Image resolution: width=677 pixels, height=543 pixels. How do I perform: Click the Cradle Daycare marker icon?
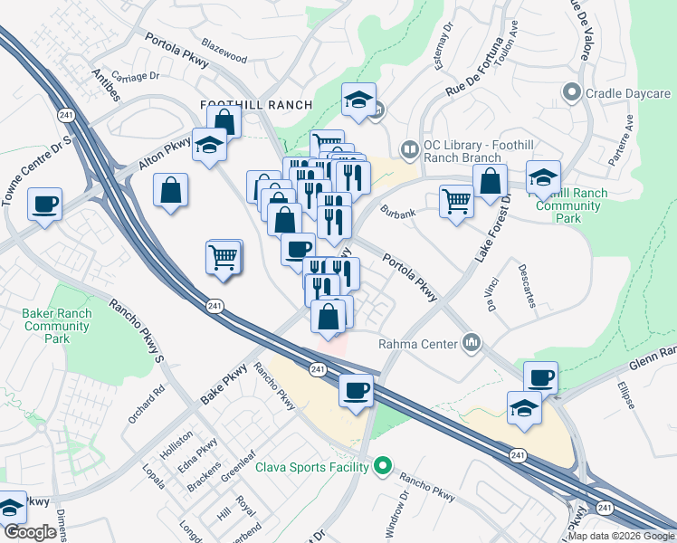(x=571, y=93)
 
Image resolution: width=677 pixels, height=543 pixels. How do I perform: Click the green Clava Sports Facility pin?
(x=383, y=467)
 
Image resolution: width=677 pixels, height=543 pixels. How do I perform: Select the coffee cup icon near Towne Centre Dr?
(x=44, y=205)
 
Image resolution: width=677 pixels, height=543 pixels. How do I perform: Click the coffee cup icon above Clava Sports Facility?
(x=356, y=390)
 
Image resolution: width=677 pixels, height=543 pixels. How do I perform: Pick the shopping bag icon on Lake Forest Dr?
(x=490, y=181)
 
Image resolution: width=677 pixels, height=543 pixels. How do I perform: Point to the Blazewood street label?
(x=224, y=57)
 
